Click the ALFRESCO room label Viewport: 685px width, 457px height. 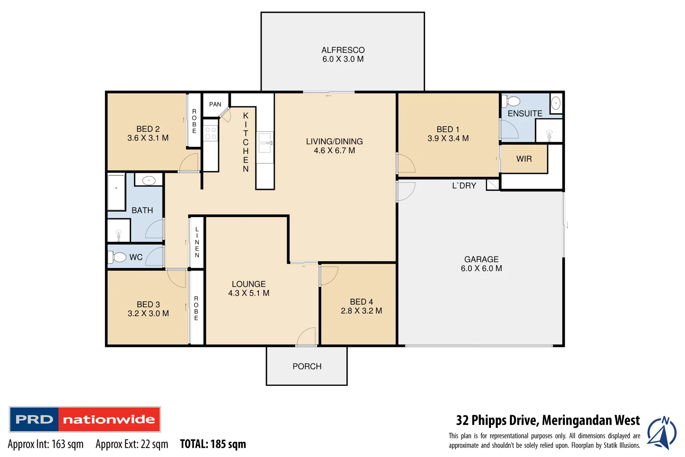click(x=342, y=50)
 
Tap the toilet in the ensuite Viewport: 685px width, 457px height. click(x=512, y=101)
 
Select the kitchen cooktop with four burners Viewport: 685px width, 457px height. click(x=210, y=133)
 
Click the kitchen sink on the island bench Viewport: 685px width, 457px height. click(x=265, y=143)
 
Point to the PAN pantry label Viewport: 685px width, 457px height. click(x=215, y=104)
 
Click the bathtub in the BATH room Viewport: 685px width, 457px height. click(x=116, y=192)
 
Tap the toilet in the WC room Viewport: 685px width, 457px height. click(x=118, y=257)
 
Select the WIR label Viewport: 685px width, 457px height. click(x=524, y=159)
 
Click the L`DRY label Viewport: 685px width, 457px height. click(x=464, y=185)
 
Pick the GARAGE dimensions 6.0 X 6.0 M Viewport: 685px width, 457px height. click(x=481, y=268)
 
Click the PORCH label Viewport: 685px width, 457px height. click(x=307, y=366)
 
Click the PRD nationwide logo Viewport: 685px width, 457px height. click(x=85, y=419)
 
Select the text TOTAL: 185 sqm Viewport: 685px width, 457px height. click(x=213, y=444)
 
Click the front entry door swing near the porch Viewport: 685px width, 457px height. click(x=306, y=337)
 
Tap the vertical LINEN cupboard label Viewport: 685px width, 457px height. click(x=197, y=242)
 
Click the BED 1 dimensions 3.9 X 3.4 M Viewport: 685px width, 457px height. click(x=448, y=138)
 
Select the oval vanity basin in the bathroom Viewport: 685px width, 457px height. click(x=149, y=181)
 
